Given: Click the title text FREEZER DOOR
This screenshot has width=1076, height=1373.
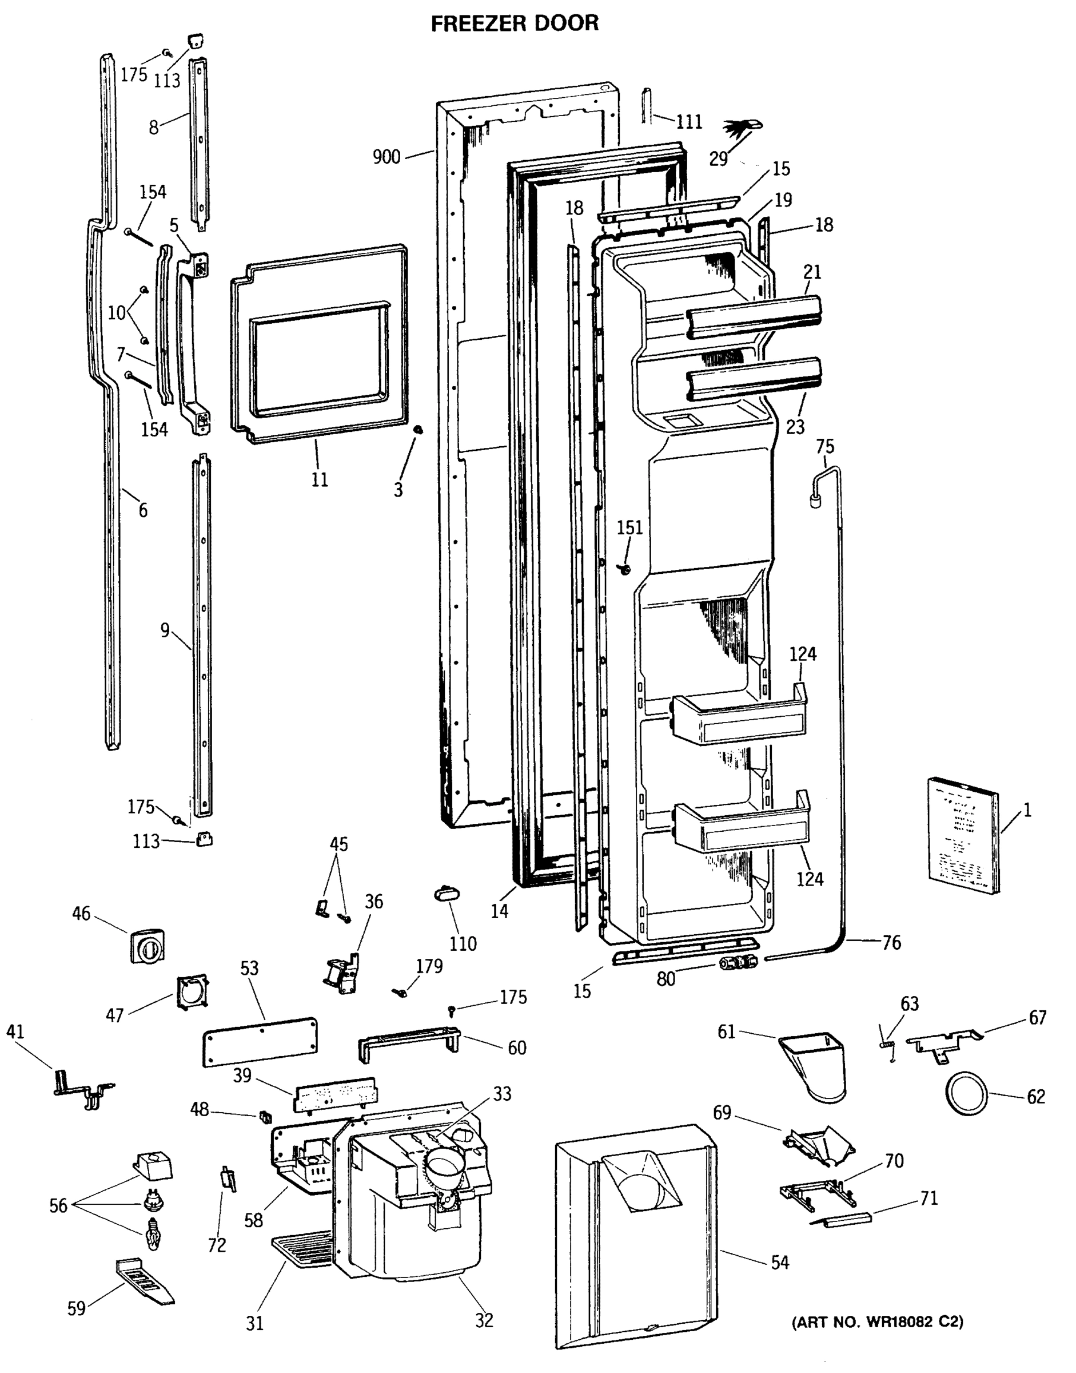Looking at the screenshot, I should tap(514, 23).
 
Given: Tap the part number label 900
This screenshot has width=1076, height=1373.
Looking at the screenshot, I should tap(386, 156).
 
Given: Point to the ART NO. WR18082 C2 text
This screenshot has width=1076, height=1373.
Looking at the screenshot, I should tap(878, 1322).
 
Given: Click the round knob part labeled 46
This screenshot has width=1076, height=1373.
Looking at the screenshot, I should tap(148, 945).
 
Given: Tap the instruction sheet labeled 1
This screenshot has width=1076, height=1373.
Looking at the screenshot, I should tap(963, 835).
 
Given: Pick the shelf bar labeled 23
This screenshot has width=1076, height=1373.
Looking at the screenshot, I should tap(755, 378).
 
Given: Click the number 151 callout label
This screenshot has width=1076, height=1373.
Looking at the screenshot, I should tap(629, 527).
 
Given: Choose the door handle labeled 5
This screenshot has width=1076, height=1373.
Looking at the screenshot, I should tap(192, 344).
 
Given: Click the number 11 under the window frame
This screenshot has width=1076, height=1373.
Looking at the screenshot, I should tap(320, 480).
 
